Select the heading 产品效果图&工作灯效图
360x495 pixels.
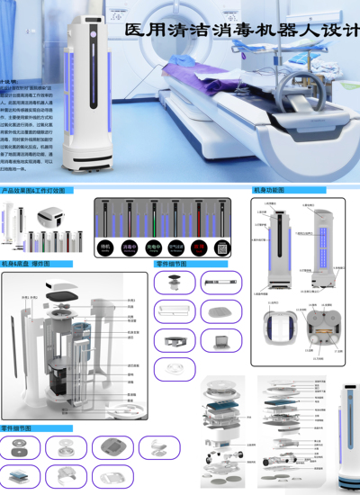34,192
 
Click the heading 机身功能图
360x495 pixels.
270,192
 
